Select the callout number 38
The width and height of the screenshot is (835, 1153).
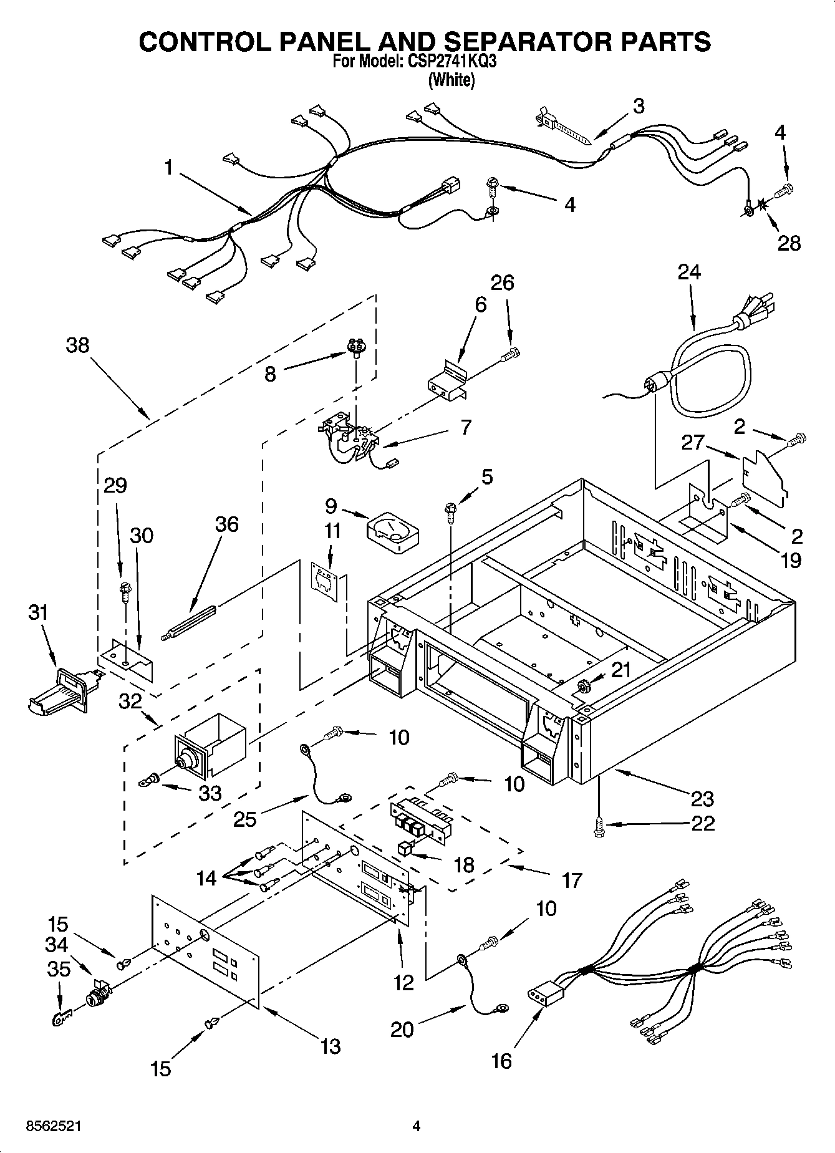[x=77, y=345]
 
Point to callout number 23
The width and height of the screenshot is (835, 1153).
[x=701, y=799]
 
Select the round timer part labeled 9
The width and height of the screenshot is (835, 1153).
[x=393, y=532]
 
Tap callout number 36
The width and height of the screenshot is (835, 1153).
[x=226, y=524]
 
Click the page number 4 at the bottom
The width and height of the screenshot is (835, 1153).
[x=417, y=1126]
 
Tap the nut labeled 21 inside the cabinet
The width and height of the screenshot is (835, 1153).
[x=584, y=686]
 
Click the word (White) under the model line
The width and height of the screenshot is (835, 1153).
[x=451, y=80]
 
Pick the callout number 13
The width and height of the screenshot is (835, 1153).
[x=330, y=1046]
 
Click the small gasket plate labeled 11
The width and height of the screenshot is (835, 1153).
[x=325, y=582]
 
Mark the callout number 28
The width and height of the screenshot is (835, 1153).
[x=789, y=243]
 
